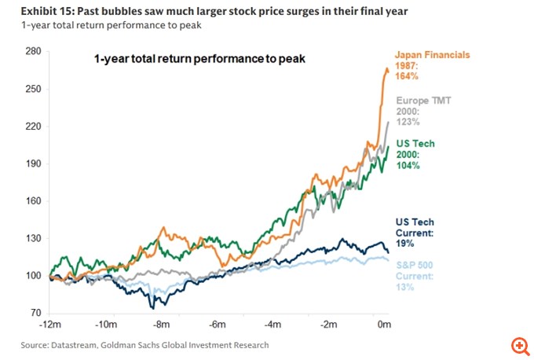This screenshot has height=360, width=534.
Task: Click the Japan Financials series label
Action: click(x=433, y=55)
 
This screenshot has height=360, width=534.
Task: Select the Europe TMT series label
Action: click(x=424, y=101)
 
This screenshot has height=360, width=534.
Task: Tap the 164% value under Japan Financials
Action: click(x=408, y=77)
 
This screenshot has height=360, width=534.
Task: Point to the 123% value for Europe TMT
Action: click(x=408, y=122)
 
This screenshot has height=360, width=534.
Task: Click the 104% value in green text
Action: click(x=408, y=166)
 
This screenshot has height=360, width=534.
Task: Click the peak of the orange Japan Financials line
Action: click(x=386, y=69)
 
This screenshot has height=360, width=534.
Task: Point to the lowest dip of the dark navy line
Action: click(x=152, y=307)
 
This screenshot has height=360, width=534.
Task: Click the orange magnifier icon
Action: click(x=518, y=346)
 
